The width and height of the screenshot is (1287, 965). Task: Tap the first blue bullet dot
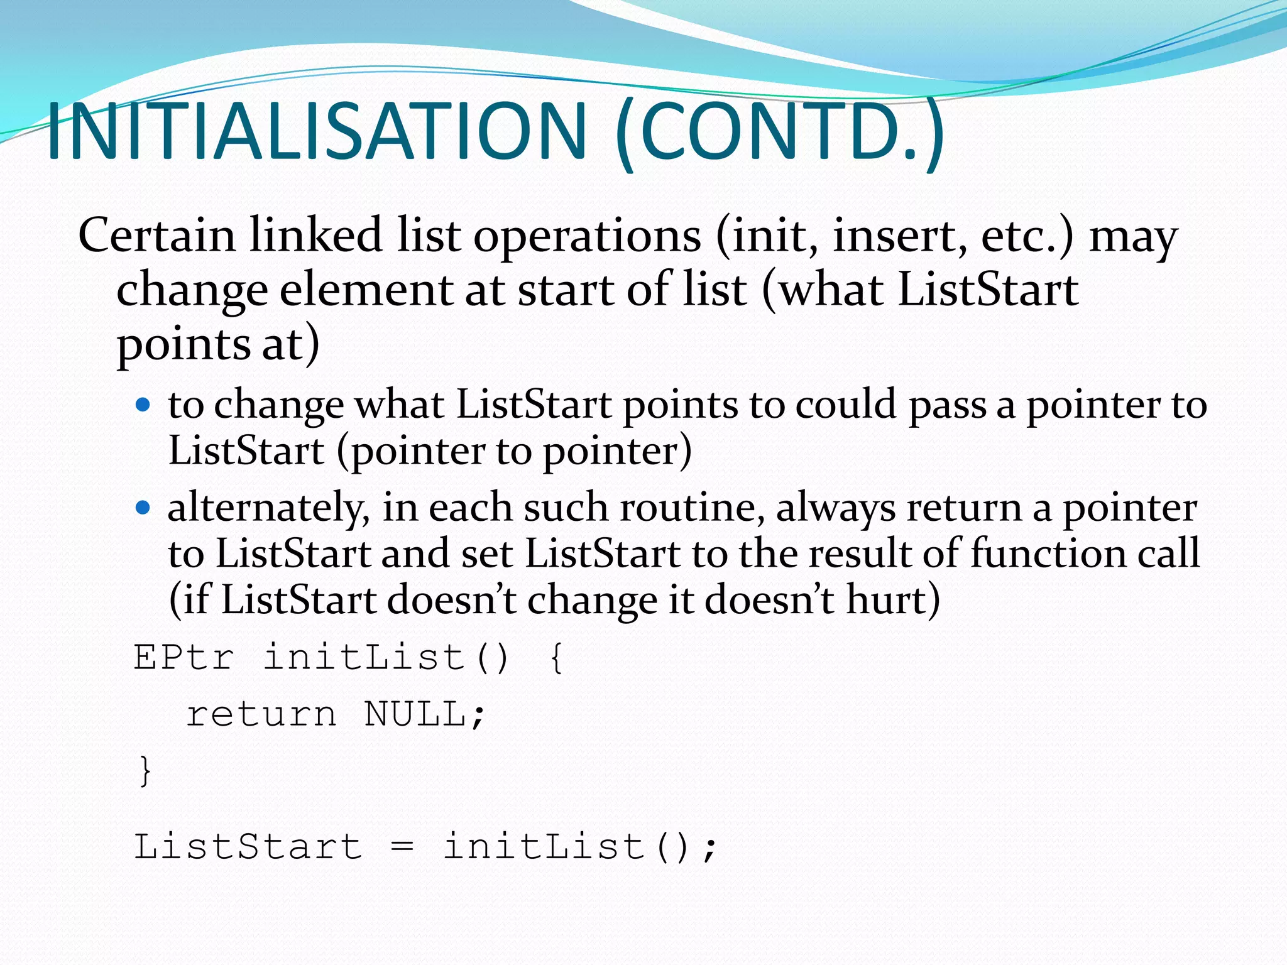pyautogui.click(x=143, y=404)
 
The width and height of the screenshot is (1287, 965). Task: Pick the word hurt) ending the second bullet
pyautogui.click(x=893, y=599)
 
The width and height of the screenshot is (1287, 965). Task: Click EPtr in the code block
pyautogui.click(x=184, y=658)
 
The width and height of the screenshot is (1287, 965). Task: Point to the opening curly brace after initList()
pyautogui.click(x=557, y=658)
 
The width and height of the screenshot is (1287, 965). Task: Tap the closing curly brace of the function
pyautogui.click(x=145, y=770)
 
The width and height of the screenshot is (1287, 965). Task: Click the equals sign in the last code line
pyautogui.click(x=402, y=847)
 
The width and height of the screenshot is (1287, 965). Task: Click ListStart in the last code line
pyautogui.click(x=248, y=846)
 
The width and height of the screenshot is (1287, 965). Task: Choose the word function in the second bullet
pyautogui.click(x=1047, y=553)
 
